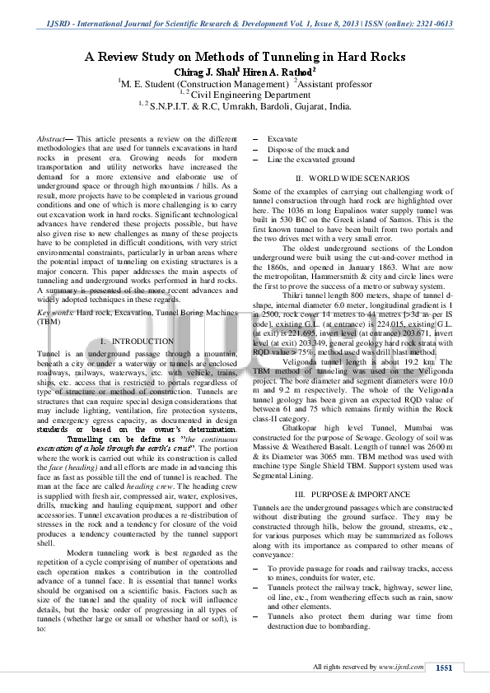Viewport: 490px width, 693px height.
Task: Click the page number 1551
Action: [444, 668]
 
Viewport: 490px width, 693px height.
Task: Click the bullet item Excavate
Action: [282, 140]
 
